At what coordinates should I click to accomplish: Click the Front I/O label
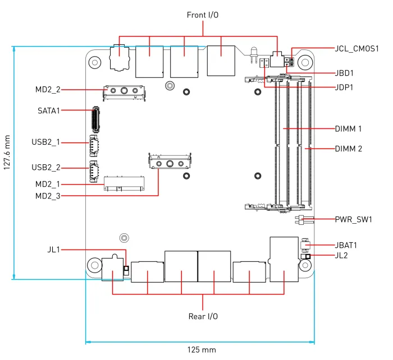tap(203, 15)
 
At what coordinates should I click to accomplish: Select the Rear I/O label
tap(203, 316)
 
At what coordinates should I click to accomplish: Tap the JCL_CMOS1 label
tap(357, 49)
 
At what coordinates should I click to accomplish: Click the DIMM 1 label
tap(348, 128)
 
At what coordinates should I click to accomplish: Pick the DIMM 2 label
tap(348, 149)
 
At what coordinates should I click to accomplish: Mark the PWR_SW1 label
tap(354, 219)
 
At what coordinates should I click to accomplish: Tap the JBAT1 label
tap(346, 245)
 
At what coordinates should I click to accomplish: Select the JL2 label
tap(341, 256)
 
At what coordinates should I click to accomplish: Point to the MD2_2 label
tap(47, 90)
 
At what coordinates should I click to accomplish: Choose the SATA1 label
tap(49, 110)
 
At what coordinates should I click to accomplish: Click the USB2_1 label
tap(46, 142)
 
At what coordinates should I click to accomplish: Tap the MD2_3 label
tap(47, 196)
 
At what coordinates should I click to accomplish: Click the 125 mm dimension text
tap(201, 350)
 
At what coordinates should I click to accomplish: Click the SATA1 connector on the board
tap(95, 118)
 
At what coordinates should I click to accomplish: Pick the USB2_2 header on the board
tap(93, 170)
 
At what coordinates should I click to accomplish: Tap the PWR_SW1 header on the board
tap(299, 219)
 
